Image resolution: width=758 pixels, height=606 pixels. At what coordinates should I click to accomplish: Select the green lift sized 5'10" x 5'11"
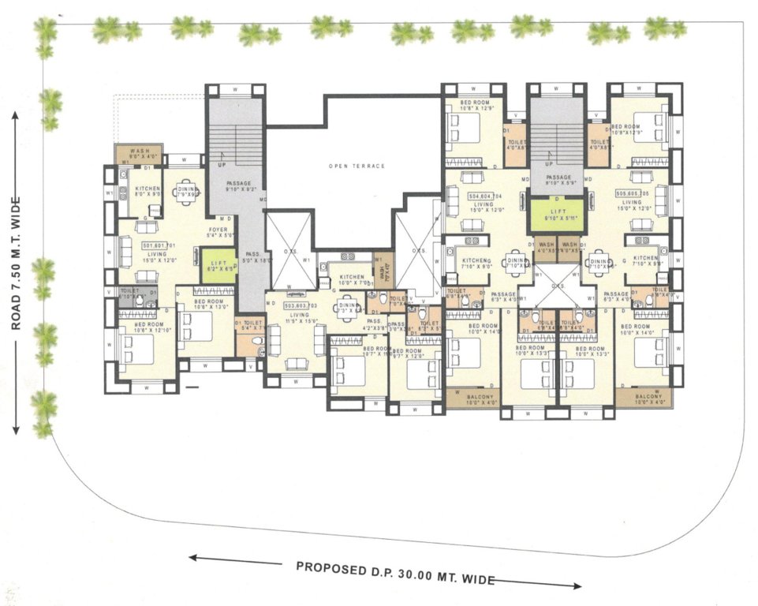(558, 214)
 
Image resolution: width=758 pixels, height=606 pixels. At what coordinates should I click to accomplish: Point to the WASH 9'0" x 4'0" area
(140, 154)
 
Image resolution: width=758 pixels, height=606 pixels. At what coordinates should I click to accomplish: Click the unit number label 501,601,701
(158, 245)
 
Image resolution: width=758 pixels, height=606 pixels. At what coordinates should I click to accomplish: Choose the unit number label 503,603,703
(299, 304)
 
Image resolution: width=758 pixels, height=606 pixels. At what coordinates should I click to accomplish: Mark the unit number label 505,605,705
(632, 193)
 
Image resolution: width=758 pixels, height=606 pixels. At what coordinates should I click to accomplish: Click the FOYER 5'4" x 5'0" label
(219, 232)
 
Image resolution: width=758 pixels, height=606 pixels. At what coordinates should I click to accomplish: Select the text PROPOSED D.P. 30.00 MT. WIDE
(395, 574)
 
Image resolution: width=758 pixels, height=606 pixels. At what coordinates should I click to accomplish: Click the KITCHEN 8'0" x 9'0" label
(147, 193)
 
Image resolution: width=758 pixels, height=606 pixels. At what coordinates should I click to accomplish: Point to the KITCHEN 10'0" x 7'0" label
(351, 280)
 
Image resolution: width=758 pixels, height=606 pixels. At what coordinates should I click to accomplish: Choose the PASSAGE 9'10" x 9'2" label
(238, 186)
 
